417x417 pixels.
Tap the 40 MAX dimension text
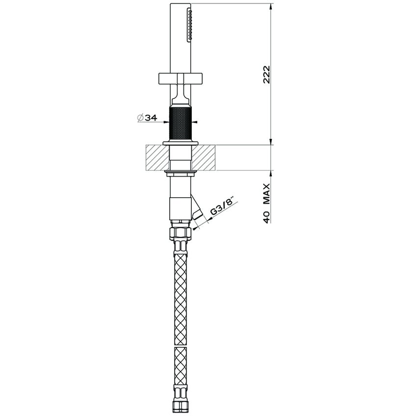(x=267, y=203)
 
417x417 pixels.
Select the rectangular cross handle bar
(x=181, y=78)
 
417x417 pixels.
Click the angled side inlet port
(x=198, y=210)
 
